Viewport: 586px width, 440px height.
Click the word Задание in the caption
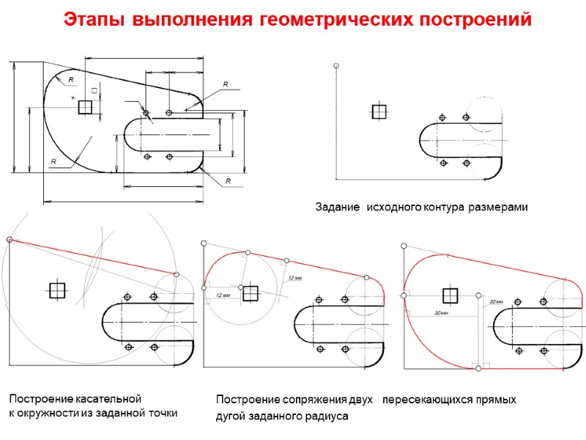coord(338,208)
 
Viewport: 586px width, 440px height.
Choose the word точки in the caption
coord(163,414)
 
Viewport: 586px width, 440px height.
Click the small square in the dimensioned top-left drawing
coord(85,107)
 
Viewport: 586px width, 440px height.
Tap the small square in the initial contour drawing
coord(379,111)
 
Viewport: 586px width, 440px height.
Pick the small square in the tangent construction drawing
coord(56,290)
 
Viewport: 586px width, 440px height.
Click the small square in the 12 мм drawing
coord(251,293)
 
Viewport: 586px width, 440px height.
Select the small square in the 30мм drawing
coord(450,296)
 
